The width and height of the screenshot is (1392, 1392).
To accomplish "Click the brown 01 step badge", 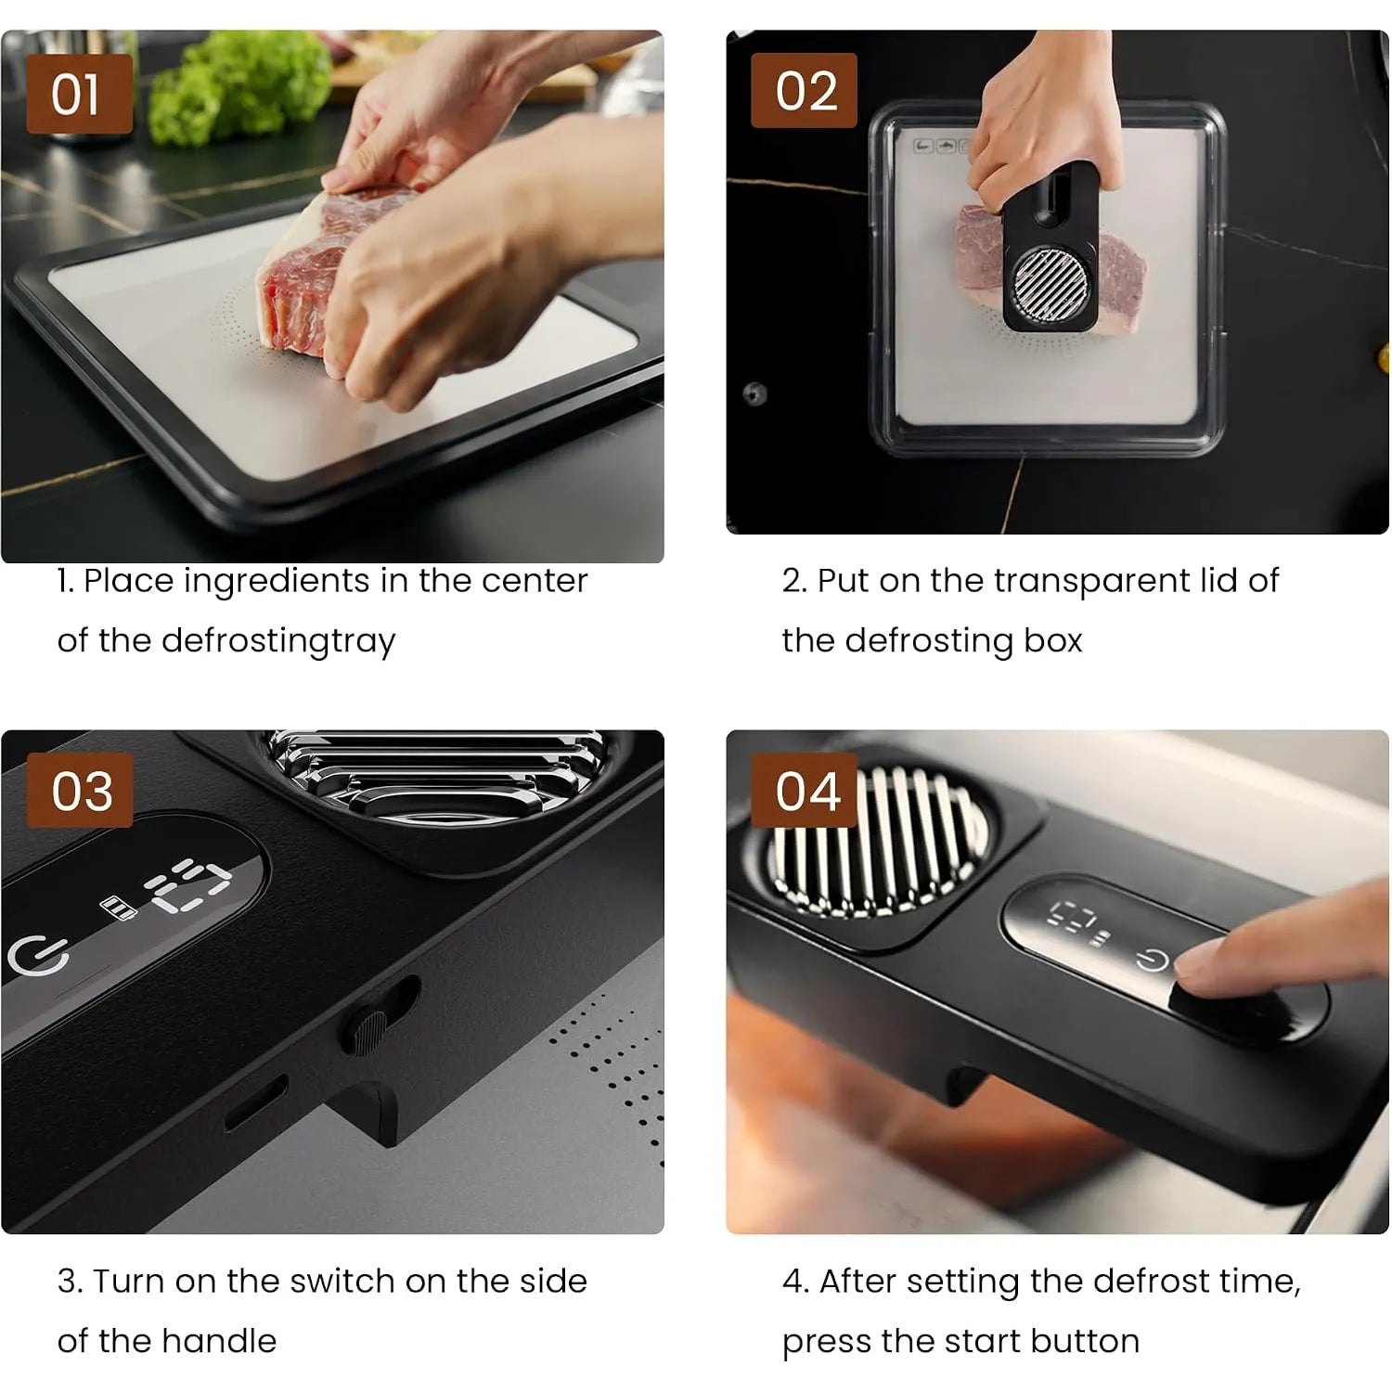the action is [79, 94].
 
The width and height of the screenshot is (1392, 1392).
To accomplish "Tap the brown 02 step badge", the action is [804, 90].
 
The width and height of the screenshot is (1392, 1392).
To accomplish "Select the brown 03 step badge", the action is [80, 790].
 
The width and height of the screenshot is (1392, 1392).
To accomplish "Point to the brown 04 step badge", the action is [804, 790].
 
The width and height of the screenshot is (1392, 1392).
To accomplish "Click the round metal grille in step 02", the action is [1050, 283].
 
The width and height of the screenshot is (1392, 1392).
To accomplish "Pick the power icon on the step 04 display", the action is [1152, 958].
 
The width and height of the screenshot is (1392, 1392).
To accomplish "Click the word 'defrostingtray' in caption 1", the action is [278, 641].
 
